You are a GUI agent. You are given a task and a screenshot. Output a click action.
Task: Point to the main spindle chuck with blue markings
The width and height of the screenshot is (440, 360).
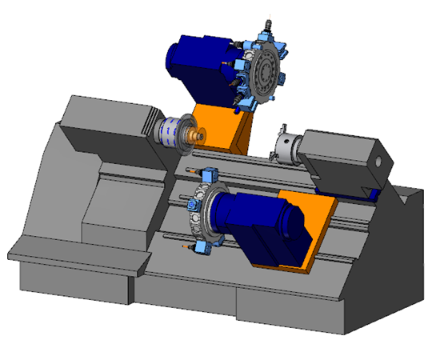[x=170, y=130]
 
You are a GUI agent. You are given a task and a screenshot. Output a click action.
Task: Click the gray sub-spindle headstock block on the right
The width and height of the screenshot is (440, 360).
[x=344, y=164]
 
